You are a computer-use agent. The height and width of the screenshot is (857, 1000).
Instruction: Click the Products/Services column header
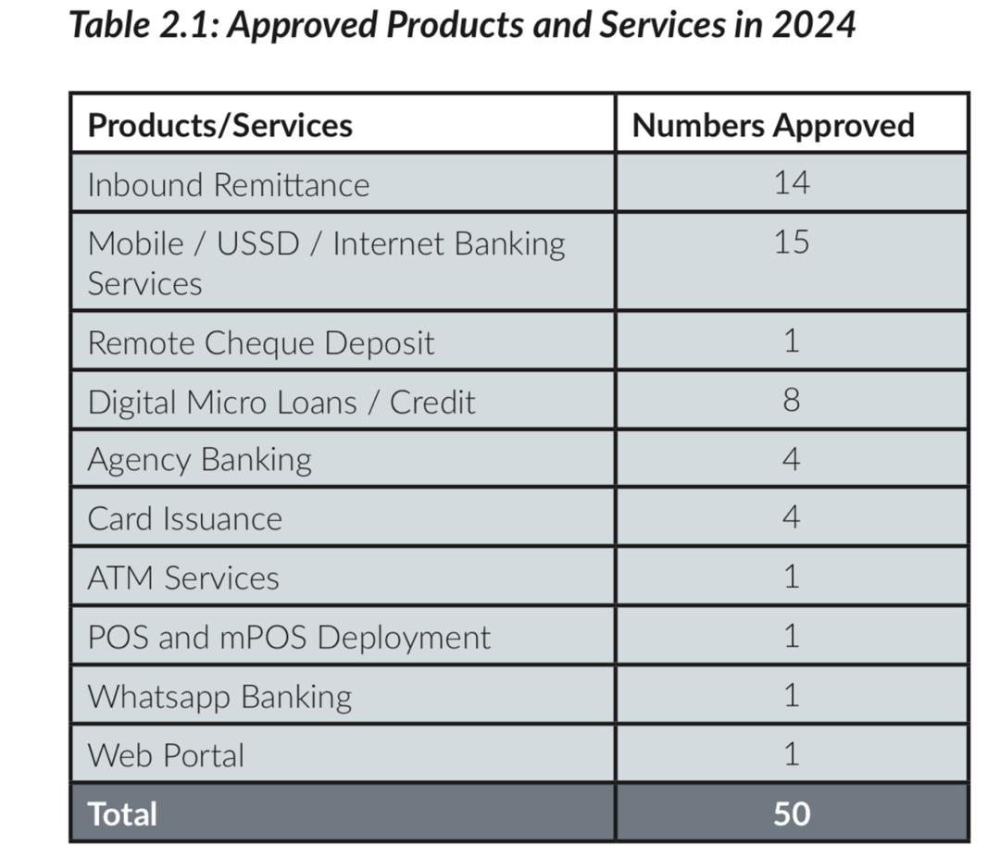tap(219, 125)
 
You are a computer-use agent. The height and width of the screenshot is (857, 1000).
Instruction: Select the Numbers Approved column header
tap(773, 125)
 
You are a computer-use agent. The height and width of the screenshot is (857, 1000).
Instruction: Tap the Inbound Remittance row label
tap(228, 185)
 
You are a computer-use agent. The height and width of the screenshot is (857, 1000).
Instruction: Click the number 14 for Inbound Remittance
tap(792, 182)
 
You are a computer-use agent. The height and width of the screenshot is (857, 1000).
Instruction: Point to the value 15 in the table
tap(792, 242)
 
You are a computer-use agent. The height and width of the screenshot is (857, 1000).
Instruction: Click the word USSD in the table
tap(258, 244)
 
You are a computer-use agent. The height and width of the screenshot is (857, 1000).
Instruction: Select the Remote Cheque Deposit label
tap(260, 343)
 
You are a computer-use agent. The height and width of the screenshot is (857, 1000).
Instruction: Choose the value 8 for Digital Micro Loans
tap(791, 401)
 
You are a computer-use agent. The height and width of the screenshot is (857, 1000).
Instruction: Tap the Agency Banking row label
tap(199, 460)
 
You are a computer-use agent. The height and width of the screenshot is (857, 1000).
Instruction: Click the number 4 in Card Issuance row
tap(791, 517)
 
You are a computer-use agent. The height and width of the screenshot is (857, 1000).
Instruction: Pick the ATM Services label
tap(182, 578)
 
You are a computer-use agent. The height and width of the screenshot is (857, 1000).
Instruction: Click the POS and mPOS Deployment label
tap(289, 638)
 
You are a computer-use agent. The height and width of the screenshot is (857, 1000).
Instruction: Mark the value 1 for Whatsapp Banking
tap(791, 695)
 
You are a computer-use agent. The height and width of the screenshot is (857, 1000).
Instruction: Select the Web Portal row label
tap(166, 755)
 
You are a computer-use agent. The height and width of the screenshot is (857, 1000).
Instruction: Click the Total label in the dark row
tap(122, 814)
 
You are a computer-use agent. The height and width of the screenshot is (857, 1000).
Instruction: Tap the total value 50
tap(792, 814)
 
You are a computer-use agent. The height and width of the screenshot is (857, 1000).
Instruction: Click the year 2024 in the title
tap(813, 25)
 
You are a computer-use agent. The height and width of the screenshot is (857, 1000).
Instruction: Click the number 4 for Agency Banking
tap(791, 459)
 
